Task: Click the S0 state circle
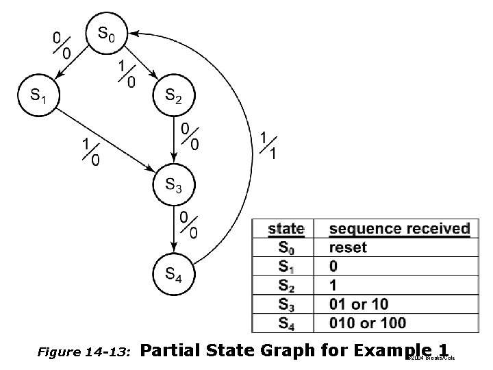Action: click(x=106, y=33)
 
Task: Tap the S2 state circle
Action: click(x=174, y=96)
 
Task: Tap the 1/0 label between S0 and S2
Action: click(x=127, y=74)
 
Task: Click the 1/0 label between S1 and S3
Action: click(x=90, y=152)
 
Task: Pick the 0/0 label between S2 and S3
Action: click(x=190, y=136)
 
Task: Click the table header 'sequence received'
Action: click(x=399, y=229)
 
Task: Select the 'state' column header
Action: click(x=286, y=229)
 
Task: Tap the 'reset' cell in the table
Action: click(x=348, y=247)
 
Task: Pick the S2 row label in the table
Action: click(x=286, y=285)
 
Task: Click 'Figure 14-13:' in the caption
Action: click(x=84, y=352)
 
